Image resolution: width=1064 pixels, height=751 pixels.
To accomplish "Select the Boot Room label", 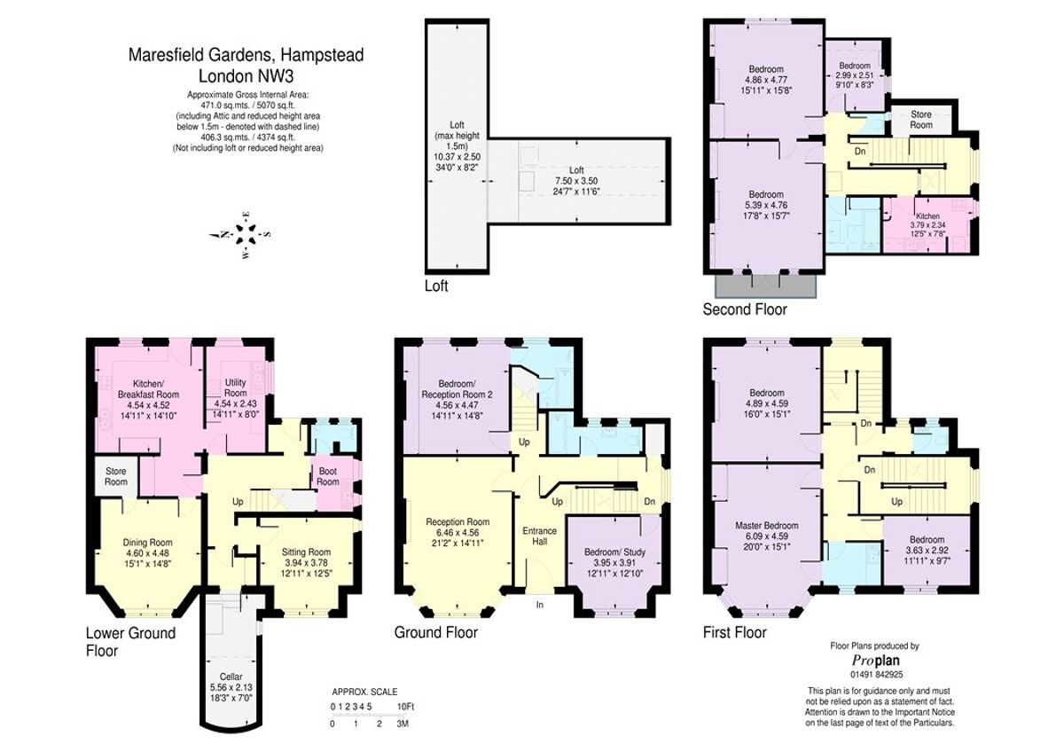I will click(328, 477).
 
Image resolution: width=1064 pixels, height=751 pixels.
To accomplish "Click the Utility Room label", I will click(235, 387).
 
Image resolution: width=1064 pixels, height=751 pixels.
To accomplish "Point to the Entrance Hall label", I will click(539, 536).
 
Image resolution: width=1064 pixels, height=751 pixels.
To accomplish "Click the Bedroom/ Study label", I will click(614, 552).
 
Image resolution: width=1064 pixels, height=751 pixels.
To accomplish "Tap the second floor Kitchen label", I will click(927, 216).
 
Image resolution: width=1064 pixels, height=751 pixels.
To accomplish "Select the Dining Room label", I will click(147, 542).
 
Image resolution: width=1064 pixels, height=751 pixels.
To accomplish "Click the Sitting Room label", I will click(306, 552).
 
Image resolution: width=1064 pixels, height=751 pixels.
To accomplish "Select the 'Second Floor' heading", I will click(745, 309).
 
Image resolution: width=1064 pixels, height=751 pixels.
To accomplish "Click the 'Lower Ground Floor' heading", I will click(130, 641).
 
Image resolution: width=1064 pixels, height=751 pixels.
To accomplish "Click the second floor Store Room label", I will click(921, 119).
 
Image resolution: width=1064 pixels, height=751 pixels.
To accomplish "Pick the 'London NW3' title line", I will click(246, 75).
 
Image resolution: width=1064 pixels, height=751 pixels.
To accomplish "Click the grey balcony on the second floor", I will click(765, 286).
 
